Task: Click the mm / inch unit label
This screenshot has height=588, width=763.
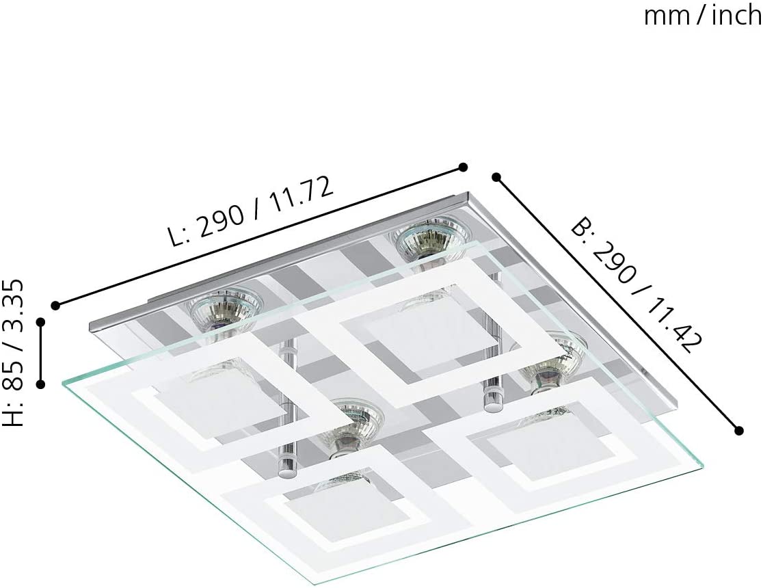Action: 703,16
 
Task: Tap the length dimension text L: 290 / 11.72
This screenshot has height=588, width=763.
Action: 251,210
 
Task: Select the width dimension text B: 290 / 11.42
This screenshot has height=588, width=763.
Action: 637,286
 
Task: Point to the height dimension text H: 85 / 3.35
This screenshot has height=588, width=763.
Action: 13,353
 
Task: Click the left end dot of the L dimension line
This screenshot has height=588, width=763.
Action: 55,305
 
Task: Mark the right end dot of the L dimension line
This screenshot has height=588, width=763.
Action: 464,167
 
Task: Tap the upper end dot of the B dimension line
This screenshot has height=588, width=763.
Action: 496,177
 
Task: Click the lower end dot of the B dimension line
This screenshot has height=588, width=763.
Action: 739,430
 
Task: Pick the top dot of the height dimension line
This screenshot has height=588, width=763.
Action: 41,322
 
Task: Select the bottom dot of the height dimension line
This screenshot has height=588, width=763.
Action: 41,384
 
